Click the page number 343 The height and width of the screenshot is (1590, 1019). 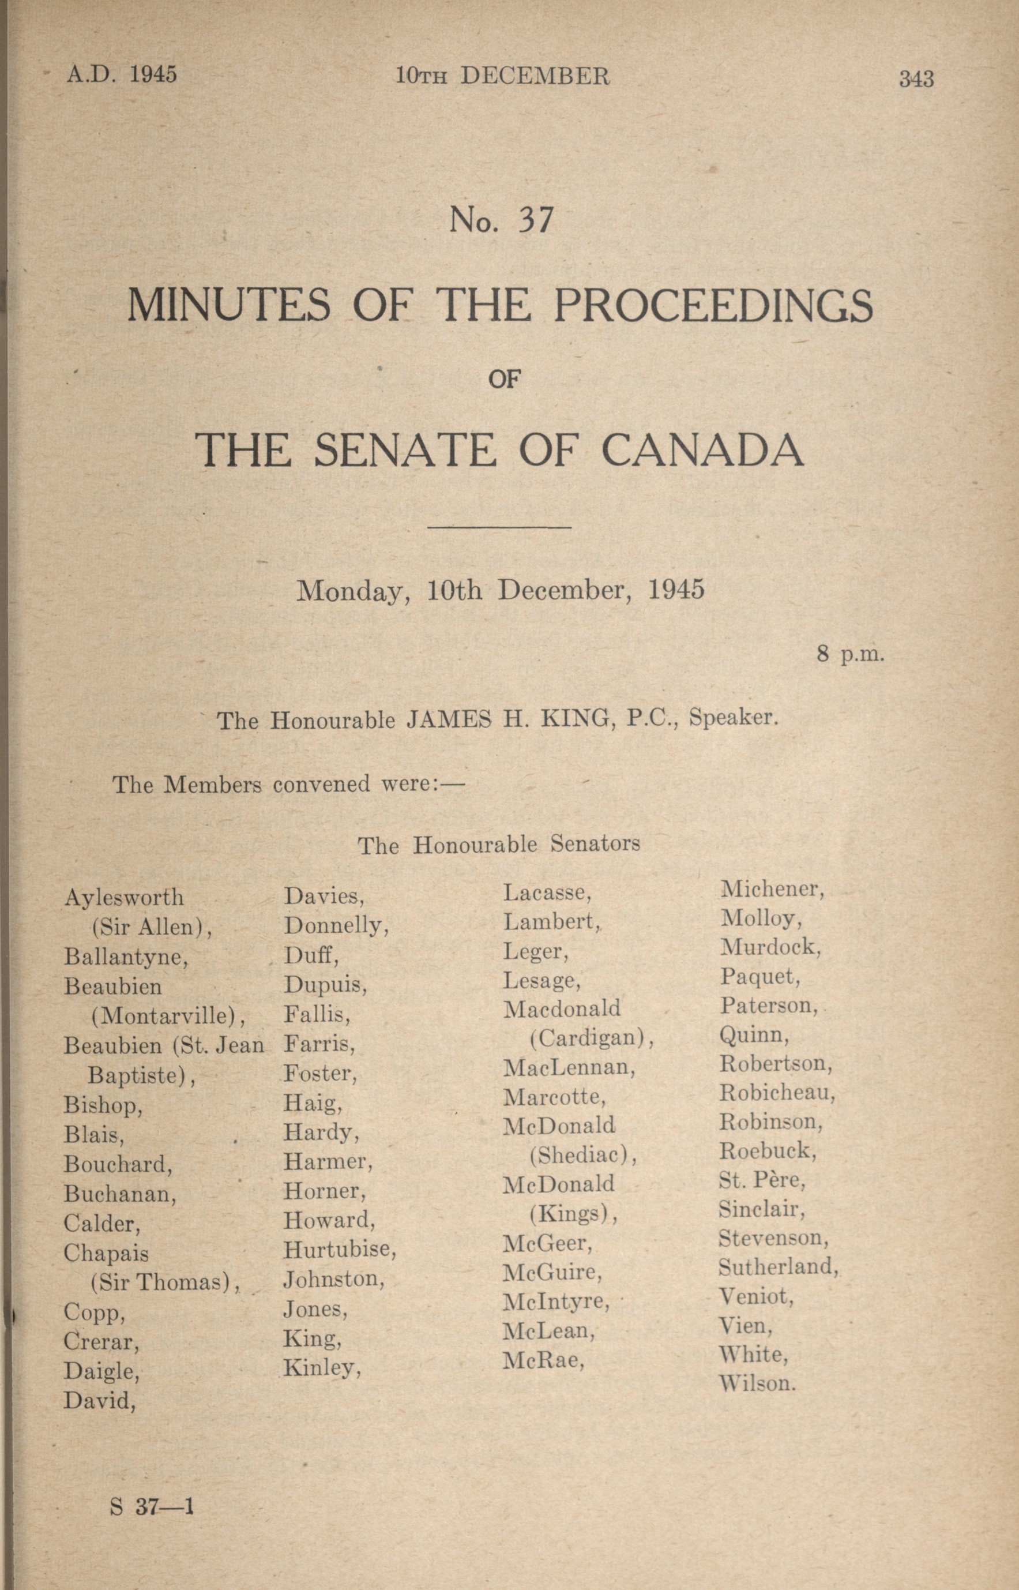point(916,80)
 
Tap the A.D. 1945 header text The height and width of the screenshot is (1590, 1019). point(122,74)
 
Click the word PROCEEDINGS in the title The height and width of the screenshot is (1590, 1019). point(713,306)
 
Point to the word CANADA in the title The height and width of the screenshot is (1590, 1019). point(703,450)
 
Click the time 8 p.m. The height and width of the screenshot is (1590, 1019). point(850,655)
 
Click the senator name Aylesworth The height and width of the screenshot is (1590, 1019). point(125,898)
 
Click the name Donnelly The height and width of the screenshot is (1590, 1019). point(336,925)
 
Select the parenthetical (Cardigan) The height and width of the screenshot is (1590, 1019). point(592,1038)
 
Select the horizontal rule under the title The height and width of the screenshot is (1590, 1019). point(500,527)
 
